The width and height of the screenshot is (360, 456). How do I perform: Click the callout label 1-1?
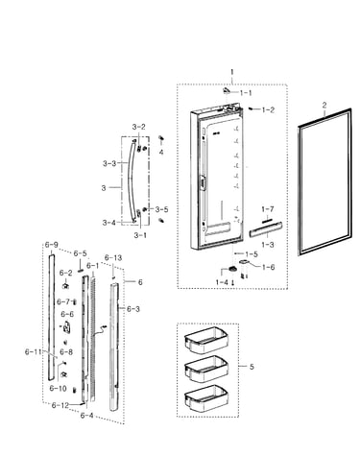pos(246,93)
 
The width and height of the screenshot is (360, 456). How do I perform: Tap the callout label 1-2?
pos(268,109)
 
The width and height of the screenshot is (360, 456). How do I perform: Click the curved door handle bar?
pos(132,180)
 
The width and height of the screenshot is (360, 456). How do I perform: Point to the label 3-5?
pos(161,209)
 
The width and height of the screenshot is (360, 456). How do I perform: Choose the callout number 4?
pos(161,152)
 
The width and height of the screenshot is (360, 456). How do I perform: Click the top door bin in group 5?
pos(206,340)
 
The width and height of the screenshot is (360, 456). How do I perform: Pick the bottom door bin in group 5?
pos(206,397)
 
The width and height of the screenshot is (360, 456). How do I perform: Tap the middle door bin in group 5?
pos(206,369)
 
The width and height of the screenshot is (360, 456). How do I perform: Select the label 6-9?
pos(51,245)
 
